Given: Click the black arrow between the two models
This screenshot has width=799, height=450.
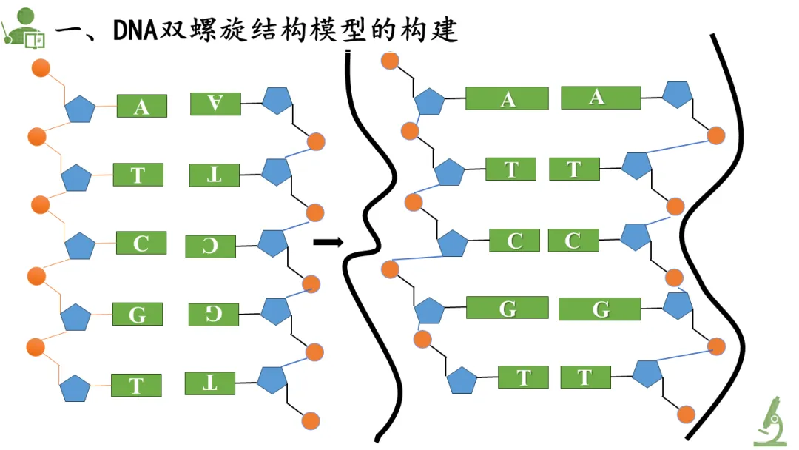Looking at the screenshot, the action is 328,242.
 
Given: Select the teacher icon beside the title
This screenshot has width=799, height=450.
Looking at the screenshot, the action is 23,29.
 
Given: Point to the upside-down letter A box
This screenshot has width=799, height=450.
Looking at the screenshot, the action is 215,104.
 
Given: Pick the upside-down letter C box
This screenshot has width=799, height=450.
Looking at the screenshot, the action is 210,246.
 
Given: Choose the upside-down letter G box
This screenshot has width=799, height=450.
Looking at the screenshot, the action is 214,315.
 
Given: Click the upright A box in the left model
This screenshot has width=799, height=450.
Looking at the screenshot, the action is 141,106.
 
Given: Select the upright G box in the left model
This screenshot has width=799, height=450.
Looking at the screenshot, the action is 138,314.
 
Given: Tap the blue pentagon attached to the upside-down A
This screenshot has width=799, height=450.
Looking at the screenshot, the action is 277,101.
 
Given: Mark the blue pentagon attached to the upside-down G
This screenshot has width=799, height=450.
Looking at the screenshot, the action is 276,311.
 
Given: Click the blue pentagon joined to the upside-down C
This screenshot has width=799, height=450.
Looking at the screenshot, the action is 273,243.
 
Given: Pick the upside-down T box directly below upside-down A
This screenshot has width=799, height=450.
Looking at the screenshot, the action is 214,175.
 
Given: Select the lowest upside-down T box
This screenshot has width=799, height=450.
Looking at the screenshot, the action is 210,383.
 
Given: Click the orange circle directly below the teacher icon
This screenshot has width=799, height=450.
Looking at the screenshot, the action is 41,68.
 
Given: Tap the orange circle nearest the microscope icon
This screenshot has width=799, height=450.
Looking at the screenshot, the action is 686,414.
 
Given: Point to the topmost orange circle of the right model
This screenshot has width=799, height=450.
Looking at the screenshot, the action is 390,61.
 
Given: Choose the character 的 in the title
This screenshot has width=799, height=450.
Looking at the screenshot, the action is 382,30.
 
